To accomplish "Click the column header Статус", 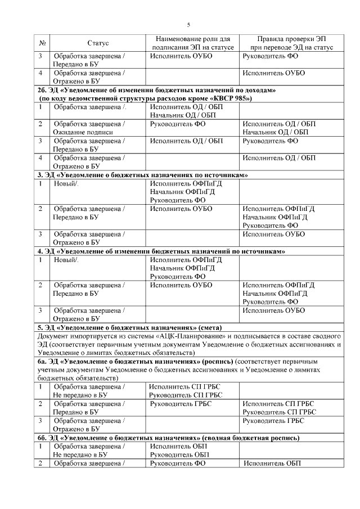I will coord(98,43).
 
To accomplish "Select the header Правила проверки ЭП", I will coord(291,39).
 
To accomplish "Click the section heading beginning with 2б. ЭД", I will coord(157,90).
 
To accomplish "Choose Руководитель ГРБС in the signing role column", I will coord(178,403).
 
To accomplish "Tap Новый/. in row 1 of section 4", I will coord(66,259).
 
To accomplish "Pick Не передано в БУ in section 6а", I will coord(79,395).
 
